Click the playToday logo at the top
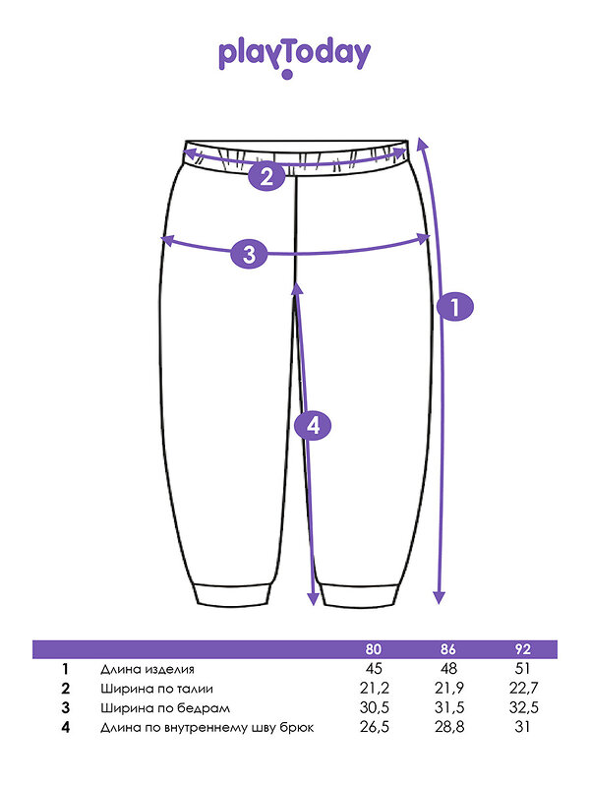pos(294,59)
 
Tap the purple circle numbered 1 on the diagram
pos(455,307)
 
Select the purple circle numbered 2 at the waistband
pos(266,177)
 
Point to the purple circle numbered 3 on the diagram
pos(250,254)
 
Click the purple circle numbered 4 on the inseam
pos(313,426)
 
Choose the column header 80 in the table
pos(374,649)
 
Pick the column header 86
pos(448,649)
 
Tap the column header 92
pos(523,649)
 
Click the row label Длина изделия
pos(147,669)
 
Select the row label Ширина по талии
pos(156,689)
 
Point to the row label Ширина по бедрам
pos(165,708)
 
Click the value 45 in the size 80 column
pos(374,669)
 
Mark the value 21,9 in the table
pos(449,688)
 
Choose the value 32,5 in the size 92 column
pos(524,707)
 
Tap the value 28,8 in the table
pos(449,727)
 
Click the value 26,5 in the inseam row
pos(375,727)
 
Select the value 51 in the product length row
pos(522,669)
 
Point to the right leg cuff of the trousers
pos(361,595)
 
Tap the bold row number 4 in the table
pos(65,727)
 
